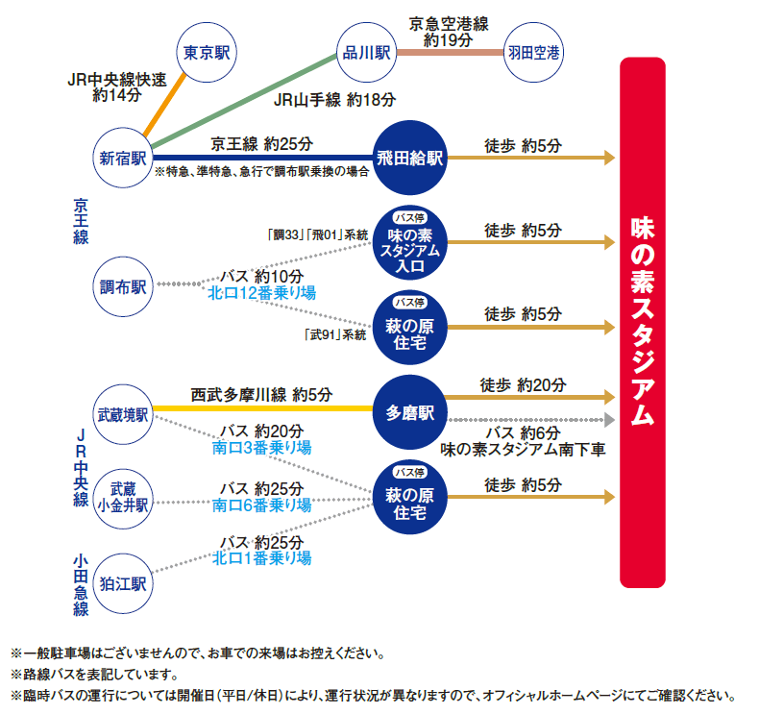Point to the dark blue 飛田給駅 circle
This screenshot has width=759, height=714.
click(x=410, y=158)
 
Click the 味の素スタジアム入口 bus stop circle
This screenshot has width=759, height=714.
click(x=410, y=242)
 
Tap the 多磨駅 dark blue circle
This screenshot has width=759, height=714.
click(x=410, y=412)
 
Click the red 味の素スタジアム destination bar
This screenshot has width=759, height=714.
click(x=643, y=322)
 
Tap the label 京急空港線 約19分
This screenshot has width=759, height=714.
click(x=449, y=32)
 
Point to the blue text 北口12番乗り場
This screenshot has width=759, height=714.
click(x=262, y=293)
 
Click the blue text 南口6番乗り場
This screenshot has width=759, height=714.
click(x=262, y=505)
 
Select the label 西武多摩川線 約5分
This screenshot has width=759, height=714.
click(x=261, y=395)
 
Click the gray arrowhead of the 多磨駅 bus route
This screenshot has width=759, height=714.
click(x=609, y=419)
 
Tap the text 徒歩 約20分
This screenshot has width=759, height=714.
click(x=523, y=384)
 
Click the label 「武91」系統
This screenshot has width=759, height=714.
click(x=335, y=334)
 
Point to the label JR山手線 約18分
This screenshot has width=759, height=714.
click(x=334, y=100)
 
